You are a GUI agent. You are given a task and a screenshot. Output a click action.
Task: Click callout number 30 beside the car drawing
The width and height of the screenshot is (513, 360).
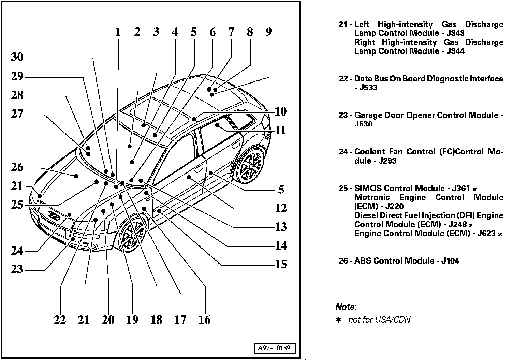[x=17, y=57]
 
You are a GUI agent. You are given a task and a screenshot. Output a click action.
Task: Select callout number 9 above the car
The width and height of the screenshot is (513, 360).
[x=269, y=32]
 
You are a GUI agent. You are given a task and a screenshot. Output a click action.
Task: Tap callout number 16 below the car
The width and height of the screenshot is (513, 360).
[x=205, y=320]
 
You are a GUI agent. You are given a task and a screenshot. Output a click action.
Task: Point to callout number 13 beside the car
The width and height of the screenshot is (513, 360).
[x=281, y=227]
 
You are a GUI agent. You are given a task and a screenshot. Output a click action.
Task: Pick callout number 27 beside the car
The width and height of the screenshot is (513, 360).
[x=17, y=114]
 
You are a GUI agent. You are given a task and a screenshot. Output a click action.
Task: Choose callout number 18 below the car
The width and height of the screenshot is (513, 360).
[x=157, y=320]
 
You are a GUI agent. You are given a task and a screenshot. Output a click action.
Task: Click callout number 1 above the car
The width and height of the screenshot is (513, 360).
[x=118, y=32]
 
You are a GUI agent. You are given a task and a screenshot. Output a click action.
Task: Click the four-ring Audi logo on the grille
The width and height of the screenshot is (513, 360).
[x=54, y=215]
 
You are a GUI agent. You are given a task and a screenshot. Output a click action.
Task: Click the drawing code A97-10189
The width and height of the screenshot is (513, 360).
[x=274, y=348]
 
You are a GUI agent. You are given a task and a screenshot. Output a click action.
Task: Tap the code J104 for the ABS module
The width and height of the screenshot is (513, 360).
[x=450, y=261]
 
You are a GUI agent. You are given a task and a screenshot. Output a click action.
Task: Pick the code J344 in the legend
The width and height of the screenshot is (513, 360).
[x=455, y=51]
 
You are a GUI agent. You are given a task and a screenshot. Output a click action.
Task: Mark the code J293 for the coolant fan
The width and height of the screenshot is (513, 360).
[x=387, y=161]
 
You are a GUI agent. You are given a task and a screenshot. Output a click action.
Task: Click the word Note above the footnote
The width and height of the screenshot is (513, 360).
[x=345, y=307]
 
